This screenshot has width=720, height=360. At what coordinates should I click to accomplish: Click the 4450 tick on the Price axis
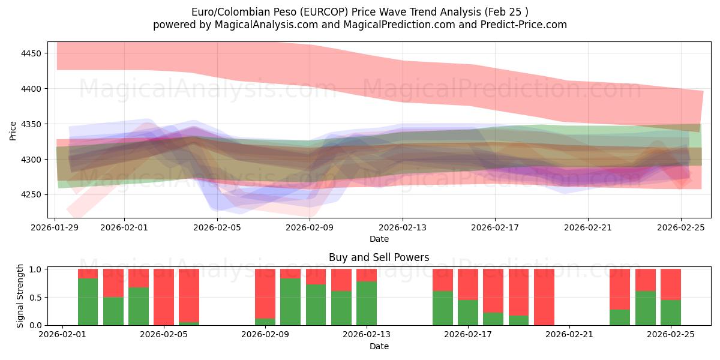pyautogui.click(x=30, y=53)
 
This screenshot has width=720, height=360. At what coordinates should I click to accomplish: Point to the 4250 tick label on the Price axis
pyautogui.click(x=30, y=195)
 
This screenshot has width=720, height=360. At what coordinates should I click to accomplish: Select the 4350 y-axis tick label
pyautogui.click(x=30, y=124)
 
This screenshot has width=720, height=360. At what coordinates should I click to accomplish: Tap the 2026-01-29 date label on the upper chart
pyautogui.click(x=55, y=227)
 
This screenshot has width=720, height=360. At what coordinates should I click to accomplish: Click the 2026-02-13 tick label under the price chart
pyautogui.click(x=403, y=227)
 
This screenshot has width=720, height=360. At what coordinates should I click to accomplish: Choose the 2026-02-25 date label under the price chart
pyautogui.click(x=681, y=227)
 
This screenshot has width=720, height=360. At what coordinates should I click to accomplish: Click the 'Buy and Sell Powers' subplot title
pyautogui.click(x=379, y=257)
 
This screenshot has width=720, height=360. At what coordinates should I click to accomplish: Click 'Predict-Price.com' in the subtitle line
pyautogui.click(x=520, y=25)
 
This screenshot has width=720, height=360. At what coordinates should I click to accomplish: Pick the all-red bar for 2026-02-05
pyautogui.click(x=164, y=297)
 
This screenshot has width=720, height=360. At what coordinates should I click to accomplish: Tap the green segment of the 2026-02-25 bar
pyautogui.click(x=671, y=313)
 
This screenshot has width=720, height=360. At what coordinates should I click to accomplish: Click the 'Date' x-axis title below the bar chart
pyautogui.click(x=379, y=346)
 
